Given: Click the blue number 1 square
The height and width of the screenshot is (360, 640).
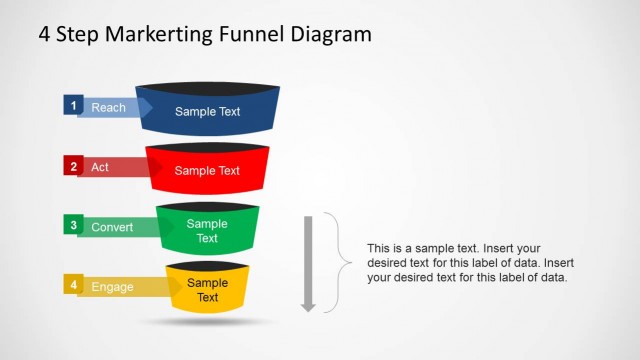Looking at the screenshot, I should pyautogui.click(x=72, y=104).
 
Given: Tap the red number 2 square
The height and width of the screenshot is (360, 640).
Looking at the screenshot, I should pyautogui.click(x=72, y=166).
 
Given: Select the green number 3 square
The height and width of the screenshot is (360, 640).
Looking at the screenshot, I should pyautogui.click(x=72, y=225).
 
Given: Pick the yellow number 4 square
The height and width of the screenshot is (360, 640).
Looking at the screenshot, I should pyautogui.click(x=72, y=285).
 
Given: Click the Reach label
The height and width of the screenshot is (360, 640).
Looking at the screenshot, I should pyautogui.click(x=107, y=107).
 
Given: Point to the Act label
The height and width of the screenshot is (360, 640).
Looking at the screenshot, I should pyautogui.click(x=100, y=167).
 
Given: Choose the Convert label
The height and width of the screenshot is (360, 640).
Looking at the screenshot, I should pyautogui.click(x=112, y=227).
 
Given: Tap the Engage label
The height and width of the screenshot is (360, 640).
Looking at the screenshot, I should pyautogui.click(x=112, y=287).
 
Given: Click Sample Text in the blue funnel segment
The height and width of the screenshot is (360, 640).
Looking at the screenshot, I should pyautogui.click(x=207, y=111).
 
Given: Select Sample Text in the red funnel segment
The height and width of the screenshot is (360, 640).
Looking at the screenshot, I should pyautogui.click(x=207, y=171).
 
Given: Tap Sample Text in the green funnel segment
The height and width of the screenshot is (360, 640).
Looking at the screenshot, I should pyautogui.click(x=207, y=231).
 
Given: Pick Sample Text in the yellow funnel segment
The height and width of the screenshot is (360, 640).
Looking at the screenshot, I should pyautogui.click(x=207, y=290).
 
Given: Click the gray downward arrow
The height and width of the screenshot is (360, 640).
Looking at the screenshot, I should pyautogui.click(x=308, y=262).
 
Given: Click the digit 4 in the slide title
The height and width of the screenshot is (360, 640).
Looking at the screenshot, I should pyautogui.click(x=45, y=34).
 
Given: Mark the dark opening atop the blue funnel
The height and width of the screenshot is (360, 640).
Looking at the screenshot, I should pyautogui.click(x=207, y=86).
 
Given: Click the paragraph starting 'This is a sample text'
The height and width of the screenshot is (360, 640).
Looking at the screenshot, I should pyautogui.click(x=468, y=262).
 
